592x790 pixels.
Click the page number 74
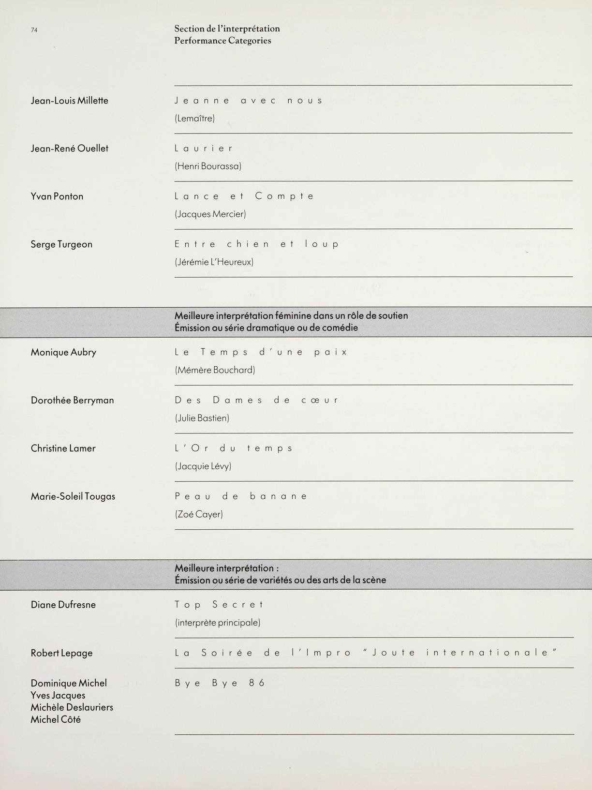(x=34, y=30)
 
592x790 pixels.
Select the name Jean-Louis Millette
(x=69, y=101)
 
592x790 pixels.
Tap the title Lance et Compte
(x=244, y=196)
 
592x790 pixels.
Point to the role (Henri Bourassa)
(x=208, y=166)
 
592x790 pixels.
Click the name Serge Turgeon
(x=61, y=244)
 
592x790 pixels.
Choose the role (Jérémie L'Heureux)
(x=214, y=262)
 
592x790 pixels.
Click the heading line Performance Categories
(x=222, y=41)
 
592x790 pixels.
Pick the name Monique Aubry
(x=63, y=352)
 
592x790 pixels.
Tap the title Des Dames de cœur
(x=256, y=400)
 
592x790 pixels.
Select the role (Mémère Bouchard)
(x=215, y=370)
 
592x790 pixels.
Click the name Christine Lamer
(x=63, y=448)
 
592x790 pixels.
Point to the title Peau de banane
(x=241, y=496)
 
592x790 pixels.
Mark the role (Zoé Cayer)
(x=199, y=514)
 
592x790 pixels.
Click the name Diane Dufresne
(x=63, y=605)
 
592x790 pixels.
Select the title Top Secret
(x=219, y=605)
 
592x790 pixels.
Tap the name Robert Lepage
(x=61, y=653)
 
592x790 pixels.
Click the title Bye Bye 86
(x=220, y=683)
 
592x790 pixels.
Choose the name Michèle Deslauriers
(x=72, y=707)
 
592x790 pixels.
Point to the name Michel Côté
(x=56, y=719)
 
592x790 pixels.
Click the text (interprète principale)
(x=218, y=623)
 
